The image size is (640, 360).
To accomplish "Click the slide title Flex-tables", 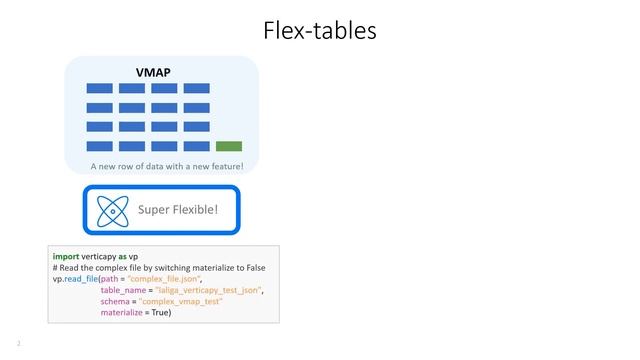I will tap(319, 31).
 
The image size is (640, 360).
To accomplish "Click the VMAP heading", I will tap(153, 72).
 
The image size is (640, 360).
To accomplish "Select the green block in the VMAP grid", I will tap(229, 146).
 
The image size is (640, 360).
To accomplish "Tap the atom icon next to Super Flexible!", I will tap(115, 210).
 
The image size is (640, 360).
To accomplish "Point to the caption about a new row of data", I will tap(160, 166).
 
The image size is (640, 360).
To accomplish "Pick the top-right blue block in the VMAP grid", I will tap(196, 89).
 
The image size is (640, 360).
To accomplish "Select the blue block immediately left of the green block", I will tap(196, 146).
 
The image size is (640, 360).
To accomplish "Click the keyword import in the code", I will tap(66, 257).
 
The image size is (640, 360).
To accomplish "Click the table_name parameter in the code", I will tap(125, 290).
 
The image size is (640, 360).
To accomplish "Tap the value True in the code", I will tap(159, 313).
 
